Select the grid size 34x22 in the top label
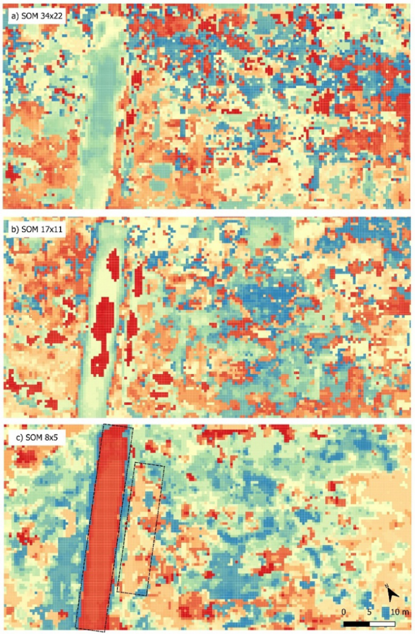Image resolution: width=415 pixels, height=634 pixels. pos(52,16)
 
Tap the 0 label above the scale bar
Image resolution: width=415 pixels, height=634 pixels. pos(344,611)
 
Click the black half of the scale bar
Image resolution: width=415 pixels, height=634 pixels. pos(357,623)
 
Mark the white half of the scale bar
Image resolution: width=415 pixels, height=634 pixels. pos(383,623)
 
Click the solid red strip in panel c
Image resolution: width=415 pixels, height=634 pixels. pos(103,527)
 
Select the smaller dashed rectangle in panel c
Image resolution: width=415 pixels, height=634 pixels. pos(141,527)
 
